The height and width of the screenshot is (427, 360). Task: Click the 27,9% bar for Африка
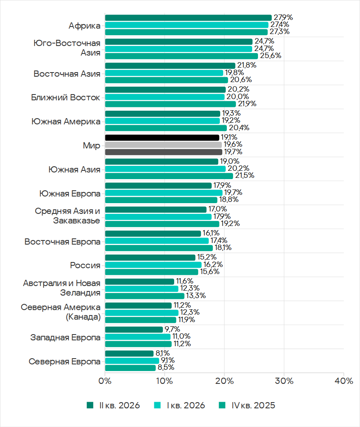pyautogui.click(x=188, y=18)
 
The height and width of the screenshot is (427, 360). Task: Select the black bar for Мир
pyautogui.click(x=162, y=138)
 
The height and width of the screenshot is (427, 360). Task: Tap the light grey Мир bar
pyautogui.click(x=163, y=145)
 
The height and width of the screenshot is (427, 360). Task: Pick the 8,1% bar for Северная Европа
pyautogui.click(x=129, y=354)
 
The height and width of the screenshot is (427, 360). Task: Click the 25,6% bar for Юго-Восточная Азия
pyautogui.click(x=182, y=56)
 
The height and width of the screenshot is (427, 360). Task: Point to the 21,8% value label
pyautogui.click(x=247, y=66)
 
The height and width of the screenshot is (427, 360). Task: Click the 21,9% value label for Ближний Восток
pyautogui.click(x=247, y=104)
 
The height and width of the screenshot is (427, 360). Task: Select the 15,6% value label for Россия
pyautogui.click(x=210, y=272)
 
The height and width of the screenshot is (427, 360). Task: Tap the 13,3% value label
pyautogui.click(x=196, y=296)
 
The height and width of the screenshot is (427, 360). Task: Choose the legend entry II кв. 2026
pyautogui.click(x=113, y=405)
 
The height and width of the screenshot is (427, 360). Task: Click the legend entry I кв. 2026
pyautogui.click(x=179, y=405)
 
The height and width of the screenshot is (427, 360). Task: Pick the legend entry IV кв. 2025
pyautogui.click(x=247, y=405)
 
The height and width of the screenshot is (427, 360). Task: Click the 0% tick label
pyautogui.click(x=105, y=381)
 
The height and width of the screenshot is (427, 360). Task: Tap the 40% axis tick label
pyautogui.click(x=344, y=381)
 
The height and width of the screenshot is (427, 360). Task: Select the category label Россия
pyautogui.click(x=85, y=265)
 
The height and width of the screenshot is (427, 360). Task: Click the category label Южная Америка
pyautogui.click(x=66, y=121)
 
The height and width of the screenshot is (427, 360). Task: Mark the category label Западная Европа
pyautogui.click(x=66, y=337)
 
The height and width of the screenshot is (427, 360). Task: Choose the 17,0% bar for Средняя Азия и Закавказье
pyautogui.click(x=156, y=209)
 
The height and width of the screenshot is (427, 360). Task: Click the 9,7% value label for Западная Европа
pyautogui.click(x=172, y=329)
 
